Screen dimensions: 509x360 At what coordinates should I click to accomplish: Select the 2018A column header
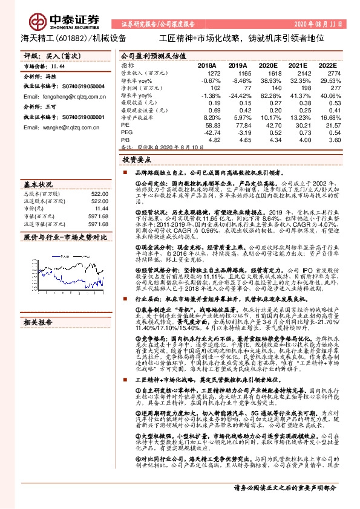[206, 65]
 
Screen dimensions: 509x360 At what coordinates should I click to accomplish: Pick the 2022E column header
[326, 65]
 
